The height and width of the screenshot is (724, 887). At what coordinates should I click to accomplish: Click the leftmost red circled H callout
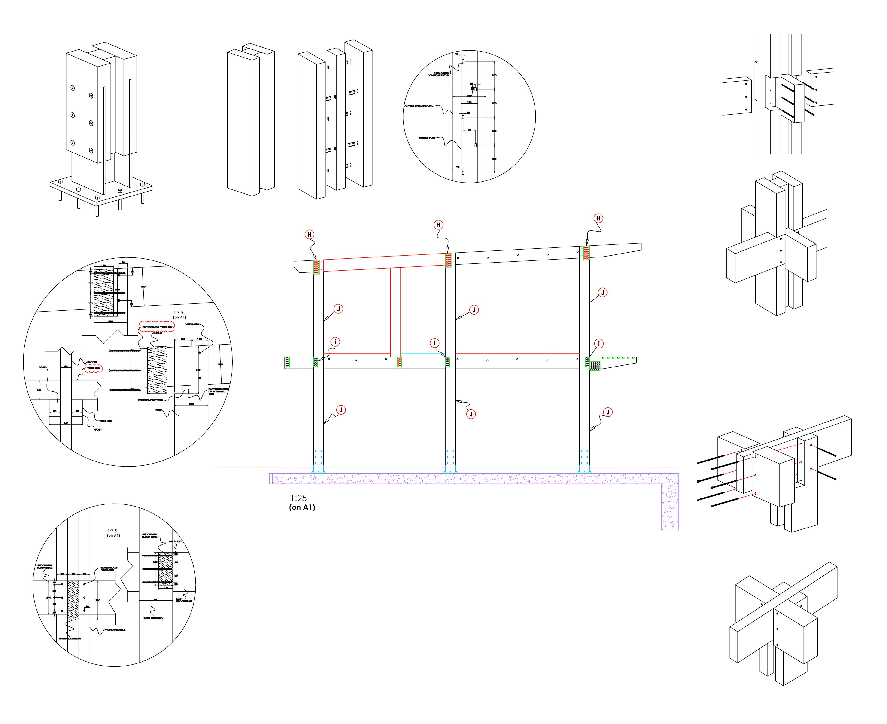[x=309, y=235]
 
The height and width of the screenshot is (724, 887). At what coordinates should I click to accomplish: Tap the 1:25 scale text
[x=298, y=498]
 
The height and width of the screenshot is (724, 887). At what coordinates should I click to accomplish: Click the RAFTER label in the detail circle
[x=92, y=362]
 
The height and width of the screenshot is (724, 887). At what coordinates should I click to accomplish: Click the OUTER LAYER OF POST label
[x=418, y=106]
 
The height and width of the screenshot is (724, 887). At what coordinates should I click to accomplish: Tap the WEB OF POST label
[x=427, y=138]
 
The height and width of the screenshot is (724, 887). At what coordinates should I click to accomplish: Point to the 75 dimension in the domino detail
[x=458, y=167]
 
